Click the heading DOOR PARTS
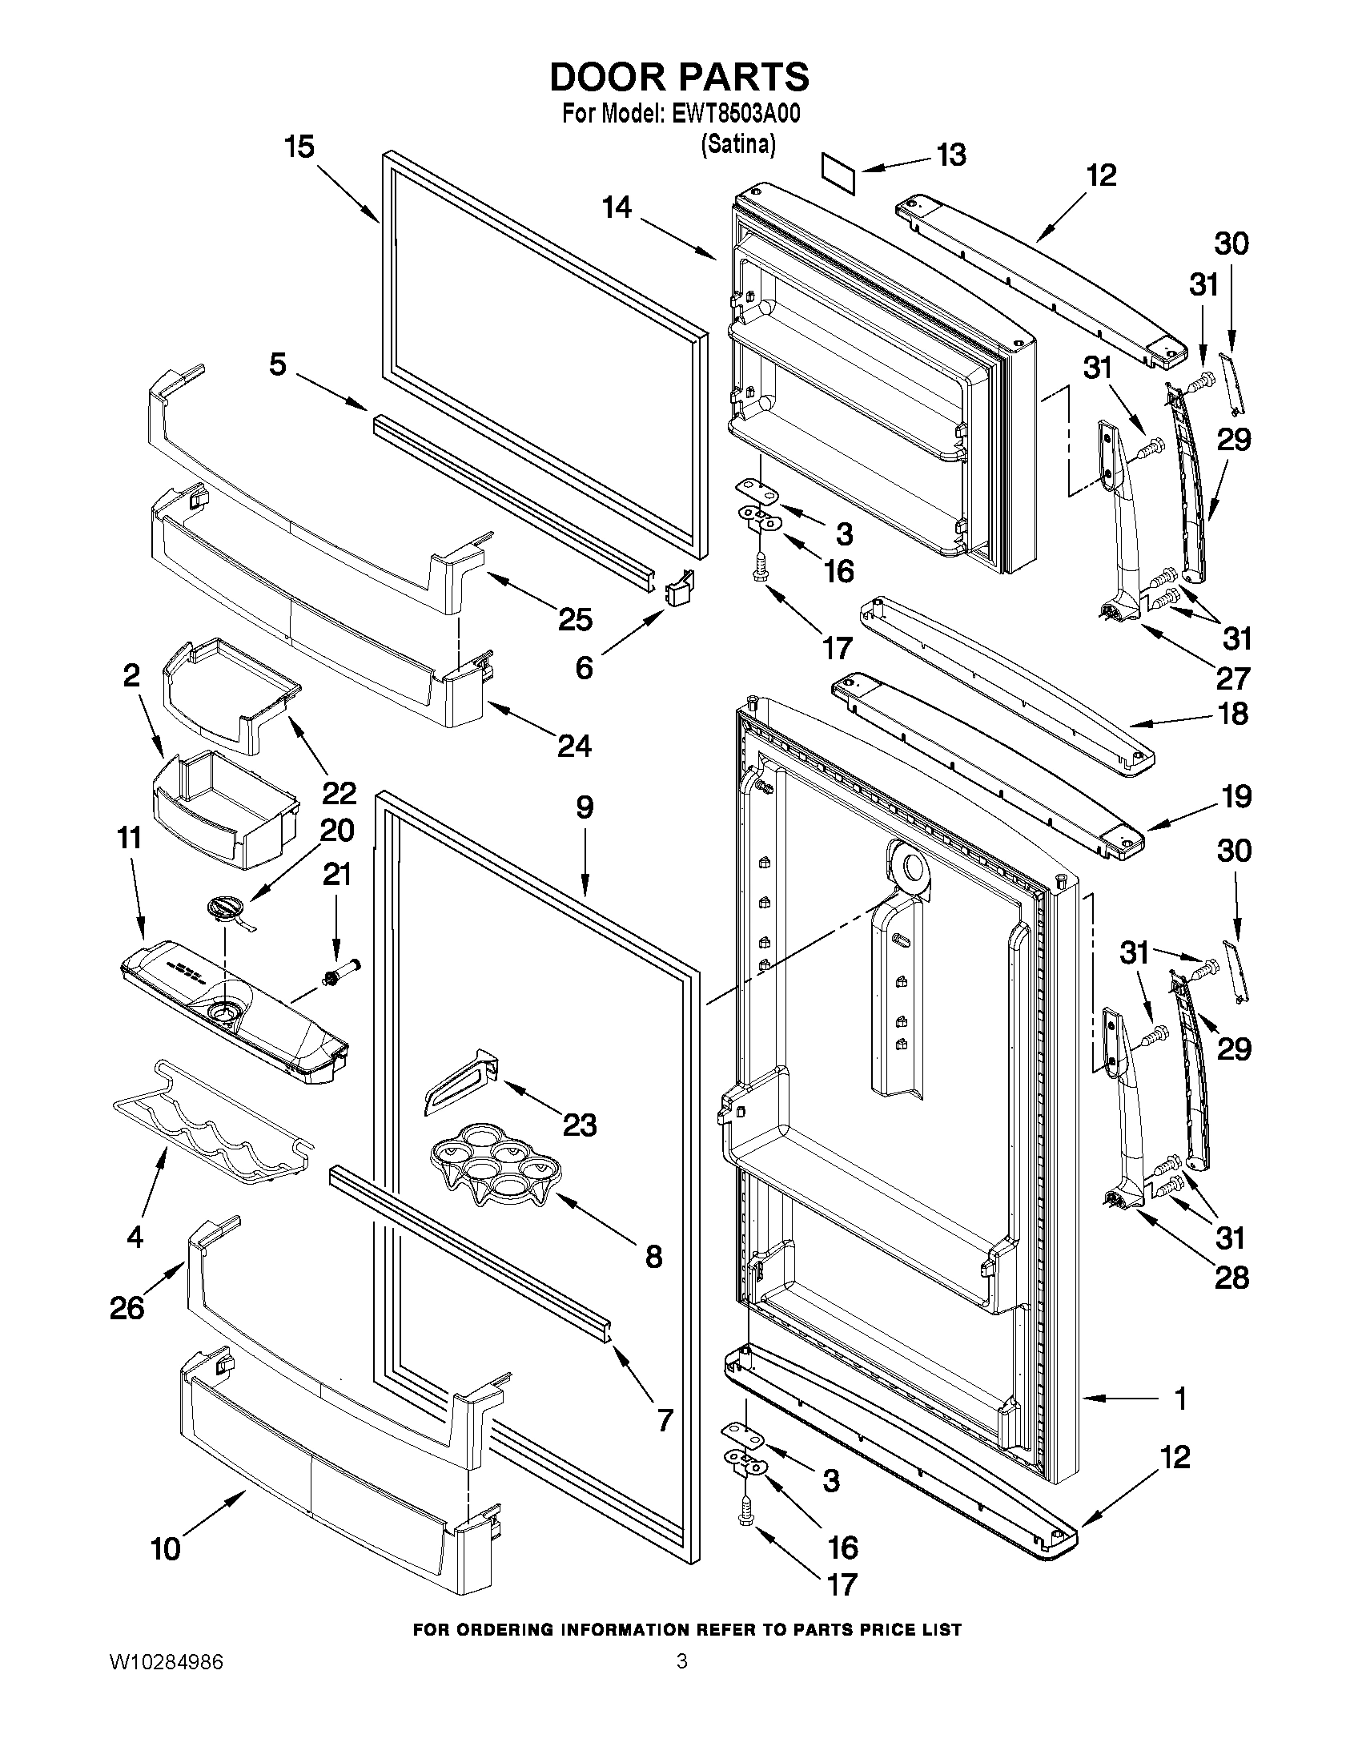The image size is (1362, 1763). click(x=679, y=77)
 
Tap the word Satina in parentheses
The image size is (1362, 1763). click(x=737, y=144)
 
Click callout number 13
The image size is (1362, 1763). click(x=951, y=154)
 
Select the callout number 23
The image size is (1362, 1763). click(x=580, y=1125)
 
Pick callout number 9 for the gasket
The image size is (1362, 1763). click(x=585, y=807)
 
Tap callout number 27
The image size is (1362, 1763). click(x=1232, y=678)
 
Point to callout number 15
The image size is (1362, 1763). click(x=299, y=147)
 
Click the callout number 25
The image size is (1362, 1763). click(x=575, y=619)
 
